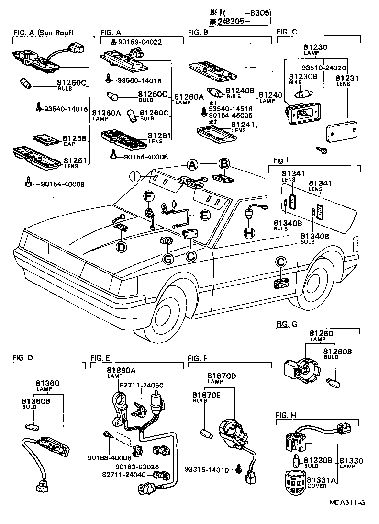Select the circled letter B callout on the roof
(x=223, y=164)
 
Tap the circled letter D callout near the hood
(x=122, y=247)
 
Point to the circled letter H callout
(x=248, y=233)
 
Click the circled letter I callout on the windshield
(x=136, y=176)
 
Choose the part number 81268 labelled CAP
(x=75, y=139)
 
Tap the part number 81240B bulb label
(x=241, y=90)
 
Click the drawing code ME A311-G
(x=347, y=502)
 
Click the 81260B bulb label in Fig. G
(x=338, y=352)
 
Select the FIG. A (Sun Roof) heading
(x=46, y=32)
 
